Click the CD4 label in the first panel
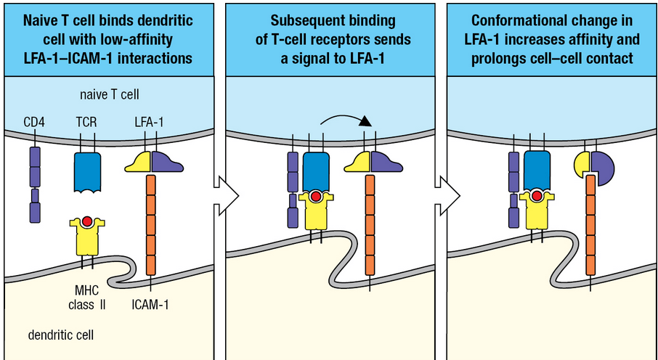(34, 123)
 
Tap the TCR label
(86, 123)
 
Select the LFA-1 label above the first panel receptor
(149, 123)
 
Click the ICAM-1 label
(150, 304)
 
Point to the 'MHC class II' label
(87, 298)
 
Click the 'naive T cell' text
(110, 94)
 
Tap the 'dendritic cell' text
(61, 335)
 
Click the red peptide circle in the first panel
(87, 221)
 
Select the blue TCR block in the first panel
(87, 172)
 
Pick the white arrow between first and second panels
(226, 195)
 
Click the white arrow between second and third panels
(448, 195)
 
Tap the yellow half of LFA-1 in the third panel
(582, 164)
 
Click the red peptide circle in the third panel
(537, 195)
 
